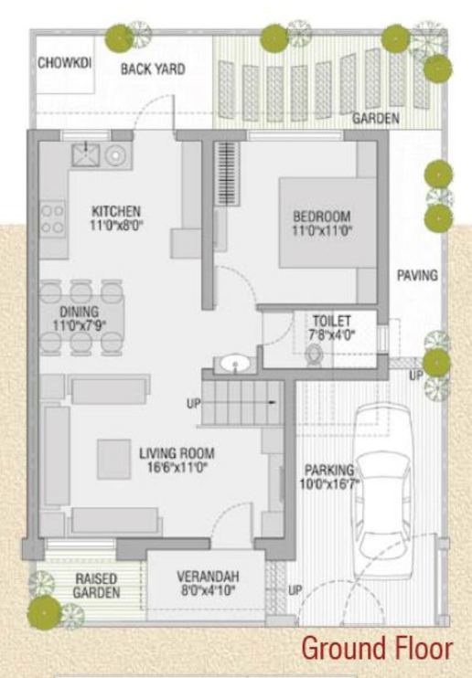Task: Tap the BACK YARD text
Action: [152, 69]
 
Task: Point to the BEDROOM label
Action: [321, 216]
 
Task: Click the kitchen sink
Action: [88, 153]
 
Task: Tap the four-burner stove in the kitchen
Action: [52, 219]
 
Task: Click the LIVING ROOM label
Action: [177, 452]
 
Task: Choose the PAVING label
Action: [417, 275]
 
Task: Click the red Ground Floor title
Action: [377, 650]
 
